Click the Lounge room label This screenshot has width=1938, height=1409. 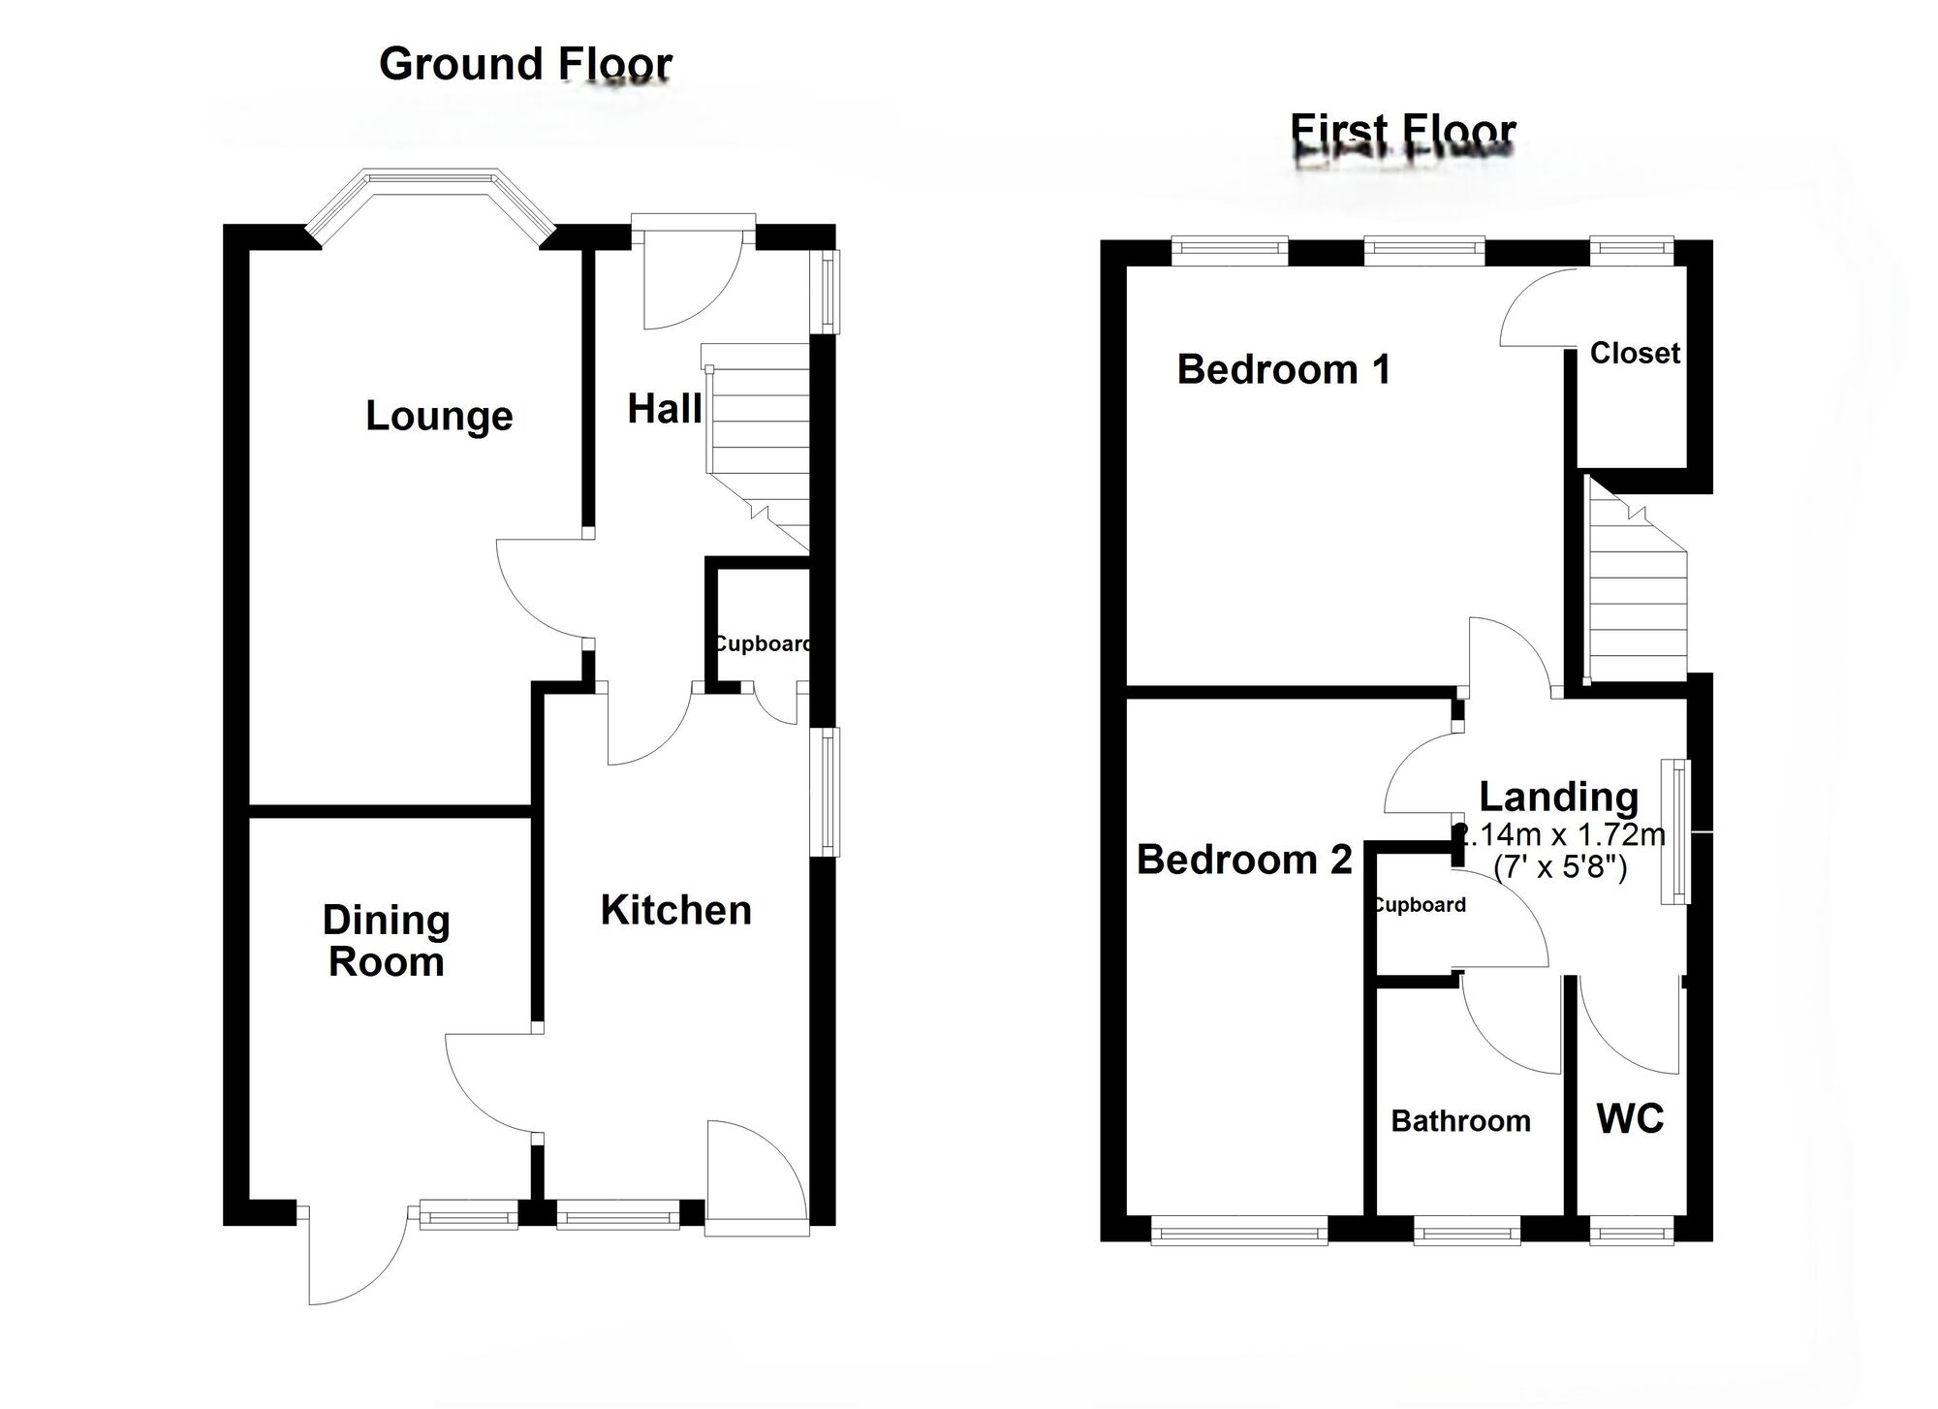[x=439, y=416]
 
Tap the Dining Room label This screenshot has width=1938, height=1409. [x=386, y=941]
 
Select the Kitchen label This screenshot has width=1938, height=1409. [x=675, y=910]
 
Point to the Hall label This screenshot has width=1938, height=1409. [x=664, y=409]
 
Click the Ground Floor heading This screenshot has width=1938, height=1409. [x=525, y=64]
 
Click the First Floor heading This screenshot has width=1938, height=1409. [x=1403, y=129]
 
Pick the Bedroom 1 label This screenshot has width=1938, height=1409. [x=1283, y=369]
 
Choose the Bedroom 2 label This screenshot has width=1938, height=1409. [x=1243, y=860]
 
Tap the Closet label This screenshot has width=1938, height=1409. [x=1634, y=353]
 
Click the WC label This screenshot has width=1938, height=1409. [x=1630, y=1119]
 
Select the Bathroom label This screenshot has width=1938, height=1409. [x=1460, y=1121]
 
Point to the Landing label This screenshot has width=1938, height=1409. [x=1558, y=797]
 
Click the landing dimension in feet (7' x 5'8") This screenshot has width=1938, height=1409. [x=1560, y=866]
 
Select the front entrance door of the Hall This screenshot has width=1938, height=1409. [x=692, y=276]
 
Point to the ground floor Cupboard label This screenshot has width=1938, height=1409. [x=763, y=643]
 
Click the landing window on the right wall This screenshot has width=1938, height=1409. [x=1675, y=831]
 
